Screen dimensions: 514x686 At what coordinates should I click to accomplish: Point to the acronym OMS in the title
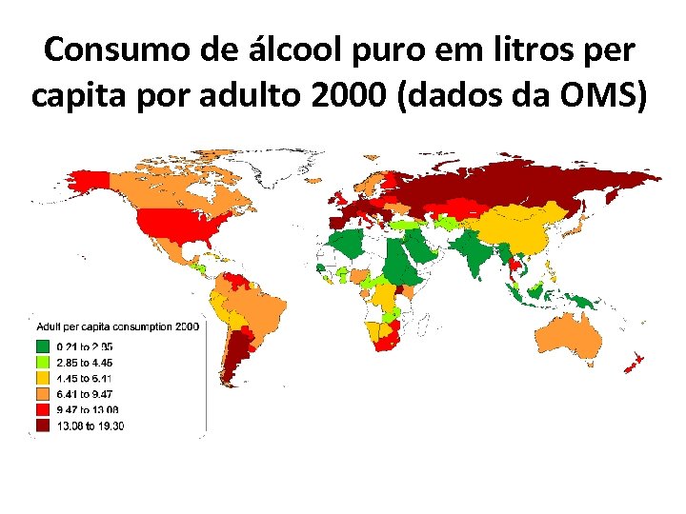595,97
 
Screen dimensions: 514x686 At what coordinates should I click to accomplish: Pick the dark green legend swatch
43,346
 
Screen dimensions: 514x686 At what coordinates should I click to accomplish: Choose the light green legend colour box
43,363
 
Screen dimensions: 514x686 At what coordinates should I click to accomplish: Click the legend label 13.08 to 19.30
90,425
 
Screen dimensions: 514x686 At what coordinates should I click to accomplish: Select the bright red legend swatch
43,409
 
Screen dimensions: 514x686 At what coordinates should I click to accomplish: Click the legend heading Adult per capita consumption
106,326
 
